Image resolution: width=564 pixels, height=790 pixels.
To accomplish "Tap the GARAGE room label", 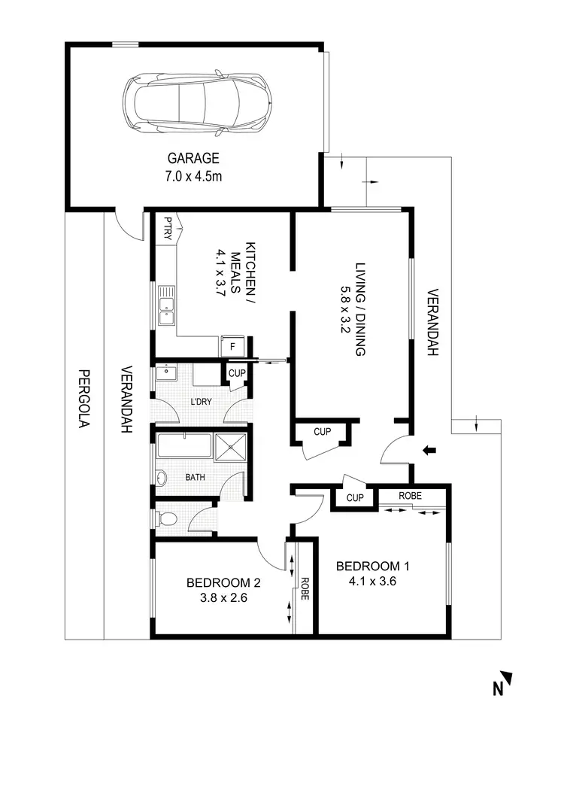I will click(x=193, y=159).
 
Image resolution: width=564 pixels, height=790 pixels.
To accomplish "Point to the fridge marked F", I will click(x=232, y=347).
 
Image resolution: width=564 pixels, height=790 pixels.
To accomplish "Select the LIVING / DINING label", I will click(x=354, y=308).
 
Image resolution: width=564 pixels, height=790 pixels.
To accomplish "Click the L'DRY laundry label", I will click(x=200, y=402).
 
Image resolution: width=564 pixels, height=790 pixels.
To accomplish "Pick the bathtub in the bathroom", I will click(x=183, y=445).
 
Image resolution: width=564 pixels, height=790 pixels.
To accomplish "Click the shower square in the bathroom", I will click(x=232, y=445).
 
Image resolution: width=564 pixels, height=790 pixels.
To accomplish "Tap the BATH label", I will click(x=196, y=478).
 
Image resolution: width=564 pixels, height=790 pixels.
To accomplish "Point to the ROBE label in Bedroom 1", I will click(x=410, y=496).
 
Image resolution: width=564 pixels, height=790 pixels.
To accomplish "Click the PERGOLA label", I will click(x=84, y=399).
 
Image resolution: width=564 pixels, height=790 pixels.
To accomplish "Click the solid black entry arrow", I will click(x=429, y=451).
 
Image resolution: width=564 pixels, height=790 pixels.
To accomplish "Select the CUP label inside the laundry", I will click(x=236, y=372).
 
